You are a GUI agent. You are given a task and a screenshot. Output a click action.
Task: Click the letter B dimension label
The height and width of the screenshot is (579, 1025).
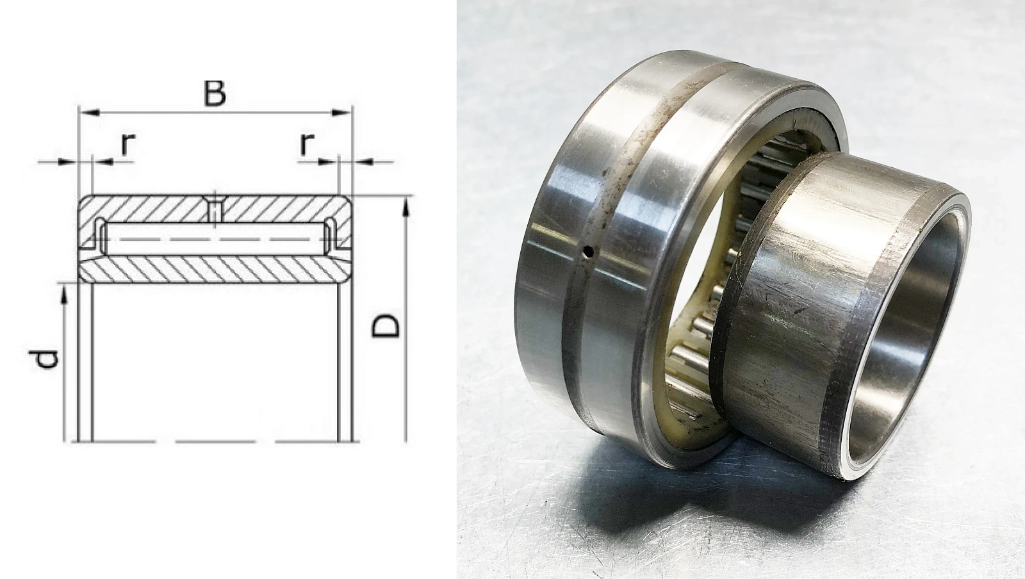click(215, 94)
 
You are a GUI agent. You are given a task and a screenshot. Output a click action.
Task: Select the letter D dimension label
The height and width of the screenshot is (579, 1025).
click(385, 325)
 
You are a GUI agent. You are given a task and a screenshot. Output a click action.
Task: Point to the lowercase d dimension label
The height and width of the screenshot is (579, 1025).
click(47, 360)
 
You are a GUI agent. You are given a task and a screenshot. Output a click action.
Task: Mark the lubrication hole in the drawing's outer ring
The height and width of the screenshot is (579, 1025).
click(215, 209)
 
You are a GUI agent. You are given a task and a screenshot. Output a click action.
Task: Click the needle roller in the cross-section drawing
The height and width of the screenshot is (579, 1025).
click(215, 240)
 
